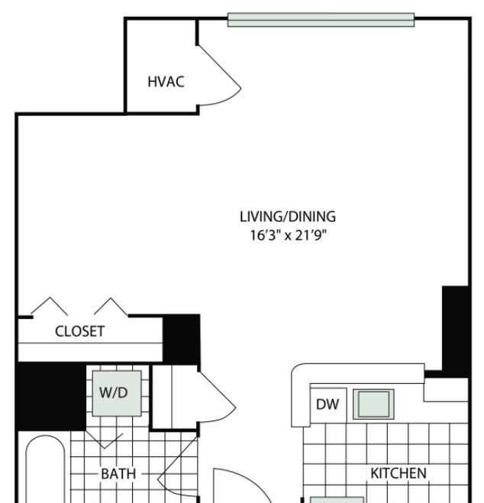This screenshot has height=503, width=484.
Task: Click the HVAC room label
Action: tap(166, 82)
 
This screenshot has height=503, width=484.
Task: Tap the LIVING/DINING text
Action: tap(288, 217)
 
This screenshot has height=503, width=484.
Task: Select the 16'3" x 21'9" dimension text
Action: tap(288, 235)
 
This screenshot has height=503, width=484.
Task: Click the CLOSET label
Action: tap(79, 331)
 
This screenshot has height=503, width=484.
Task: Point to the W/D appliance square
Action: tap(117, 393)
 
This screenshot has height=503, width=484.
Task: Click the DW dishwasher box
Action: tap(328, 405)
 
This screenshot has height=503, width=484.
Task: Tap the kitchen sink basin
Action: tap(373, 405)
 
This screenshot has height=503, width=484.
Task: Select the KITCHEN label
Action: tap(398, 473)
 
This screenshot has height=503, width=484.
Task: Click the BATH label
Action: tap(118, 474)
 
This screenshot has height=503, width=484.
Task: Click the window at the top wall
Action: tap(321, 20)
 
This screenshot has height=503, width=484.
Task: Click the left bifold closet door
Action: tap(50, 306)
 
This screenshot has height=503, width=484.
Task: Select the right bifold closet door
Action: tap(111, 306)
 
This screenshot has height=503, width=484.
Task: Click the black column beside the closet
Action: tap(181, 339)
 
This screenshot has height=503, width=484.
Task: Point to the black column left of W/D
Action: tap(51, 396)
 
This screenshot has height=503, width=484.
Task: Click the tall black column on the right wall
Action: tap(456, 330)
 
